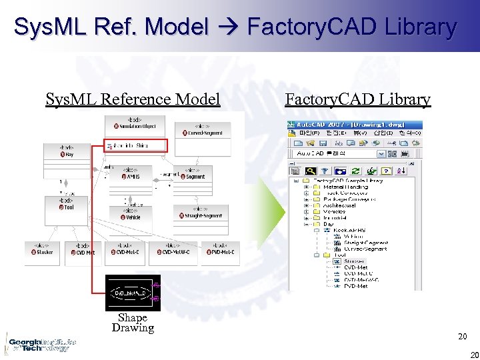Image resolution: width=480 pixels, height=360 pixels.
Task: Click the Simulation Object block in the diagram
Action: [135, 124]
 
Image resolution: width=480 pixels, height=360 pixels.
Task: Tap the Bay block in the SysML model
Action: [66, 151]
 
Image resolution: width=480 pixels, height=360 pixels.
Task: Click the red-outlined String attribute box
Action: [135, 146]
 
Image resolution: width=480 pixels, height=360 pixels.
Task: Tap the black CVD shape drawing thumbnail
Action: [133, 293]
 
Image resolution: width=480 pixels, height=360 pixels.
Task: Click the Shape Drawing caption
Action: [133, 323]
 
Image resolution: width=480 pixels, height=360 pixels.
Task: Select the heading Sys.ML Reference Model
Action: [133, 100]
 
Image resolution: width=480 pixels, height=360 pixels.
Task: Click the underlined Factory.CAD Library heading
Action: [357, 100]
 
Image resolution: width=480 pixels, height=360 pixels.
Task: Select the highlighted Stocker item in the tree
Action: [354, 261]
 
